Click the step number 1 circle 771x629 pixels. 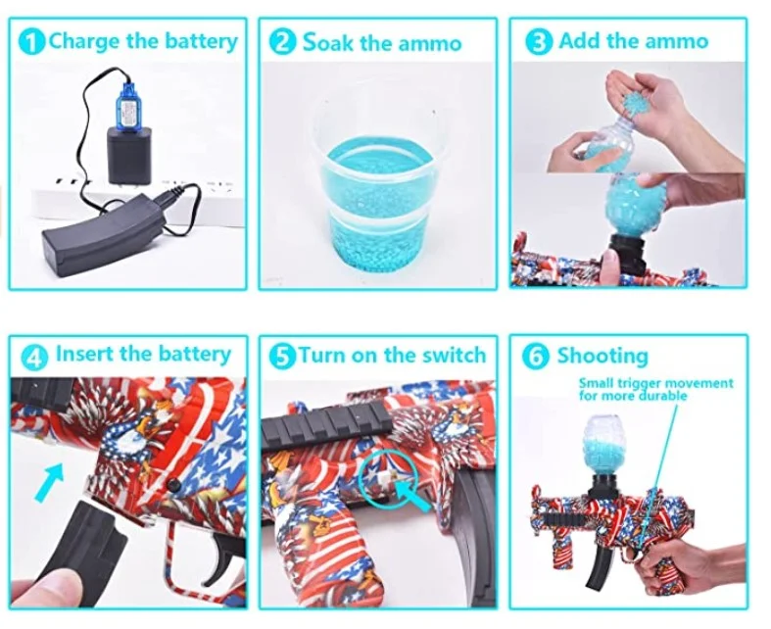33,42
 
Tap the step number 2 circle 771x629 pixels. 283,42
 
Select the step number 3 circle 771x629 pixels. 538,42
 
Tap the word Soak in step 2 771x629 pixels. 325,42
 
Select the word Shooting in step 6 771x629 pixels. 602,356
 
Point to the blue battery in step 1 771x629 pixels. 125,99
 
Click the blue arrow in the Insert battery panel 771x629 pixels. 50,483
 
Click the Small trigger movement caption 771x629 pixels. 654,389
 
